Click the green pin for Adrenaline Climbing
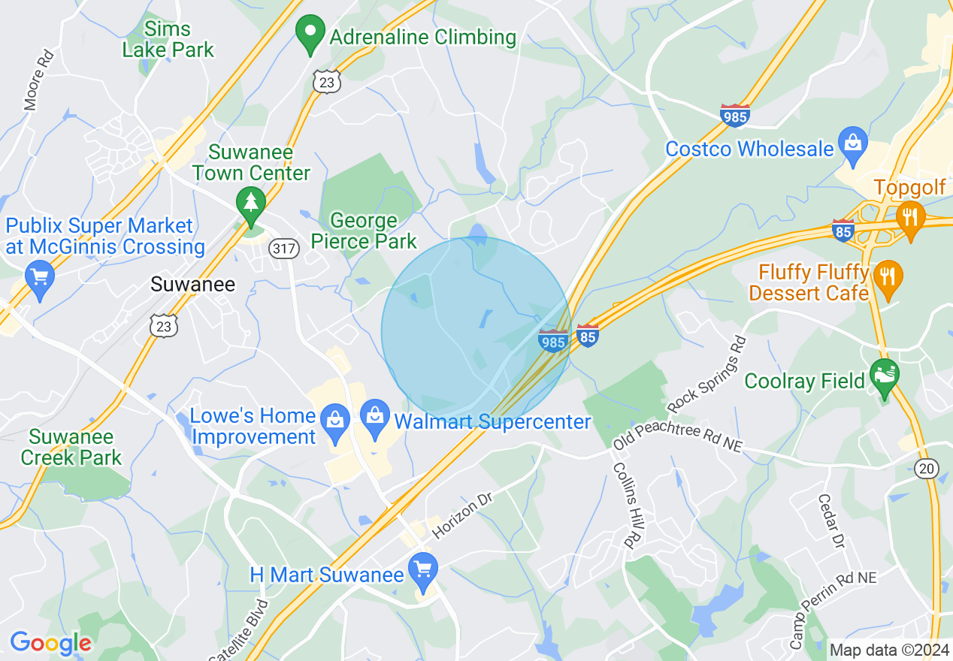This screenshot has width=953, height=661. point(310,34)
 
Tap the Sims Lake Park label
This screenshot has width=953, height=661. point(168,40)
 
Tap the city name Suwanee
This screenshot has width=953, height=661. point(192,284)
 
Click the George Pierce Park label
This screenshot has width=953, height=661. point(364,231)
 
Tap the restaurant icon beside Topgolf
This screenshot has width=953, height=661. point(910,218)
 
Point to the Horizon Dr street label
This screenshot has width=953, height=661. point(461,518)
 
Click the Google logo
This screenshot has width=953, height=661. point(50,643)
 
